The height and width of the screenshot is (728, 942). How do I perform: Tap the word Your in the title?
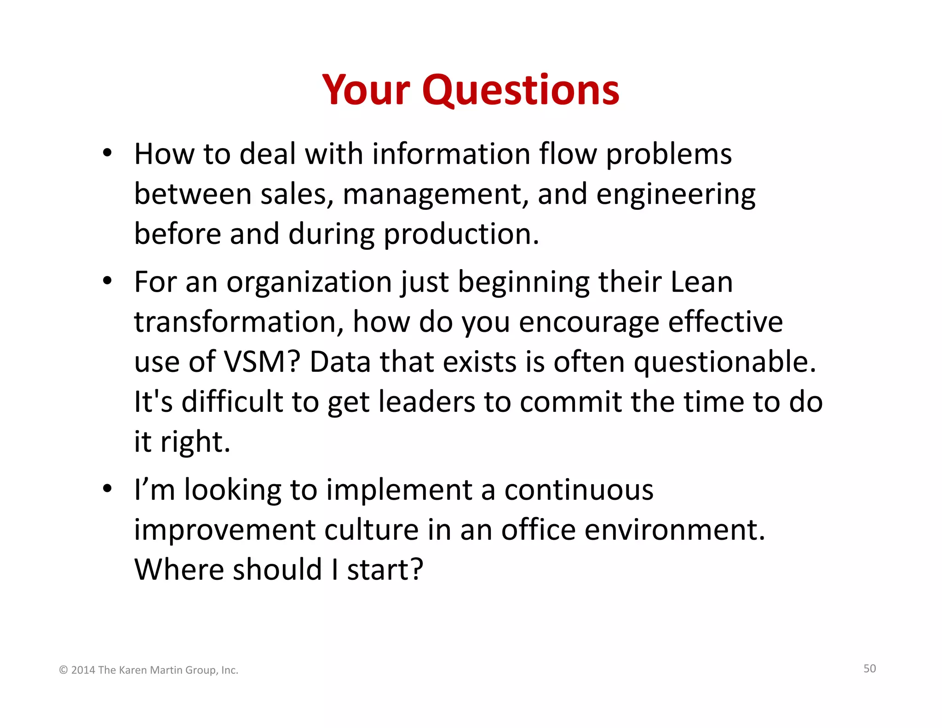click(366, 90)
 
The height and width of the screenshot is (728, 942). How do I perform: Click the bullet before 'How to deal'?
click(107, 154)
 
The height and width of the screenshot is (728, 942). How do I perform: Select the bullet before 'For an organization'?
click(107, 281)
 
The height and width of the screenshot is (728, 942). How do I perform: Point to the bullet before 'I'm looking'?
click(107, 489)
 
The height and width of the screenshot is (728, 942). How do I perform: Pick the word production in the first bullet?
click(461, 234)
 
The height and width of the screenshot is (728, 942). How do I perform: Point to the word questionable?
click(724, 362)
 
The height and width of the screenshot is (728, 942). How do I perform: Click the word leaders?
click(426, 402)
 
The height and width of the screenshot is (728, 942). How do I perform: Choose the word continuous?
click(579, 490)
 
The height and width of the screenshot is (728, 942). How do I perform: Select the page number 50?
click(869, 669)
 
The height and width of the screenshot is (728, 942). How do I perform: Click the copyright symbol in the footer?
click(63, 670)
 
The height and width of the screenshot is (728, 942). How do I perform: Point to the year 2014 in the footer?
click(83, 670)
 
